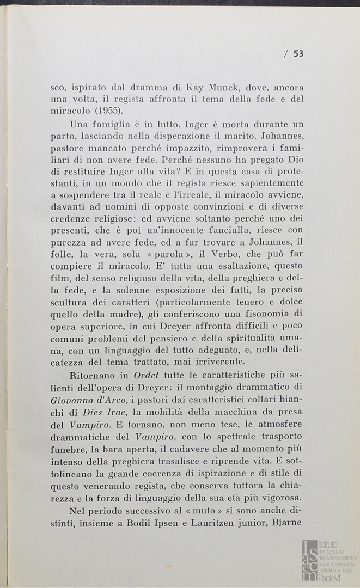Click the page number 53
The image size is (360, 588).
298,53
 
